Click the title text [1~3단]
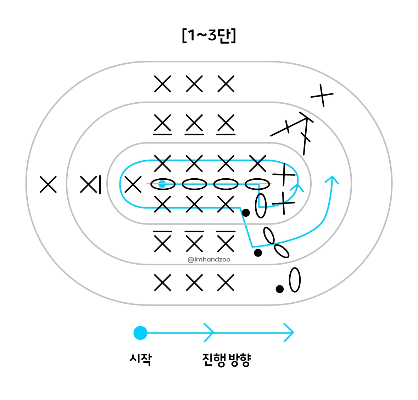click(x=209, y=36)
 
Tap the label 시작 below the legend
click(x=141, y=359)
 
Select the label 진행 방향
click(x=227, y=360)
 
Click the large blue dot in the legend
click(x=140, y=333)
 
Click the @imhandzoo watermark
click(x=209, y=260)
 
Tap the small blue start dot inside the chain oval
click(x=162, y=184)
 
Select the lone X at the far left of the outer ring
click(x=48, y=184)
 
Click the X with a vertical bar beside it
click(x=91, y=184)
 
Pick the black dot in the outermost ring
click(x=280, y=289)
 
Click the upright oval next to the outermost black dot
click(x=295, y=280)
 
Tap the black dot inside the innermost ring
click(x=246, y=213)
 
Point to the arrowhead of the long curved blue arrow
click(x=332, y=179)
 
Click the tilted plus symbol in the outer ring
click(x=322, y=95)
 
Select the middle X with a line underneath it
click(x=194, y=124)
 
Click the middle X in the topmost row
click(x=194, y=84)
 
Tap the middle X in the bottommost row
click(x=194, y=283)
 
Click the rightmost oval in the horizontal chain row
click(x=257, y=184)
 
